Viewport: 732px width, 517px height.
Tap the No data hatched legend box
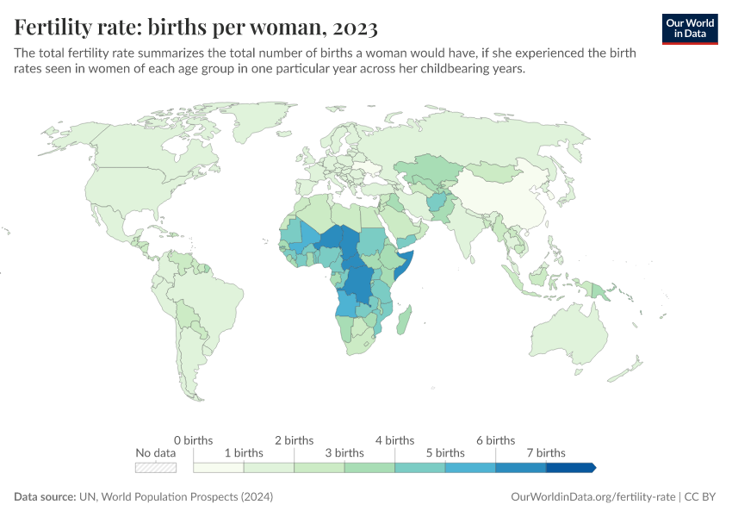156,467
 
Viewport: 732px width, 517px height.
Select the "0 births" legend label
193,440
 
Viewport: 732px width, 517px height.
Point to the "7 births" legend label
545,452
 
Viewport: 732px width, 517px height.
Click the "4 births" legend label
394,440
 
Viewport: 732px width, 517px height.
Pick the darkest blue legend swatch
570,467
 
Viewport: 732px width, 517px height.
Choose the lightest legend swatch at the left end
219,467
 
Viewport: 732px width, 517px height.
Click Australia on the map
573,332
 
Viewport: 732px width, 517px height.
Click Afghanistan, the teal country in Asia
437,203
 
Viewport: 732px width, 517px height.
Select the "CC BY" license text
702,497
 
